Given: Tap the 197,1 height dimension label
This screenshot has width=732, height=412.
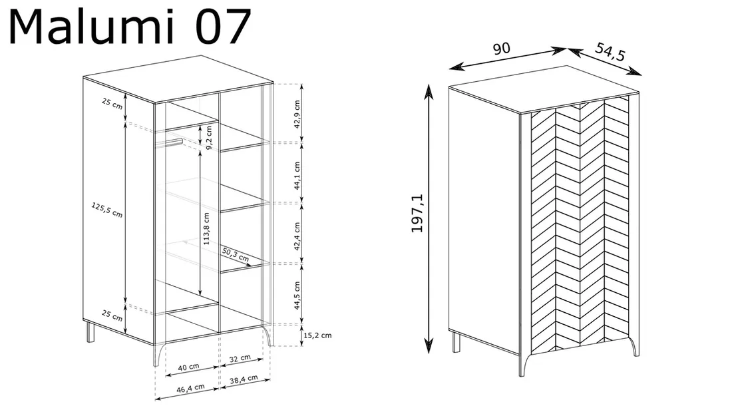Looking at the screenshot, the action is [x=417, y=214].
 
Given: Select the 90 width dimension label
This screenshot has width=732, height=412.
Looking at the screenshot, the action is [x=501, y=49].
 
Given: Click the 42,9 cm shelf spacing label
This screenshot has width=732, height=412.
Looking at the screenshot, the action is [x=297, y=114].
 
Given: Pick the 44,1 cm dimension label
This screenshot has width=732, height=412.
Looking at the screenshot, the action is [x=297, y=176].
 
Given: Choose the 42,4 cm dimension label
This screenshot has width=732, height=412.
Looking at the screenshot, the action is [x=297, y=236].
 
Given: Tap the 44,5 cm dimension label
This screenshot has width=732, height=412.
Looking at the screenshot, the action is [x=297, y=296].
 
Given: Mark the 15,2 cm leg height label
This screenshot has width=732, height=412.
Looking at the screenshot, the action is [x=317, y=335].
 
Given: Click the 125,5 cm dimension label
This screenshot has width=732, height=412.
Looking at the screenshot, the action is [x=107, y=210].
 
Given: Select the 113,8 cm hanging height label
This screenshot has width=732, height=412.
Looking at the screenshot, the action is [x=206, y=229].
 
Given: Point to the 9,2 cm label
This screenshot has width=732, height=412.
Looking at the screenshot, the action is [x=209, y=138].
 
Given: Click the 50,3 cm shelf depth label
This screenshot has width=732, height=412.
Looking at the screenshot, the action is [x=236, y=255].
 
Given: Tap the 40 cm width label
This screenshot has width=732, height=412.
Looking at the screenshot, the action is [x=188, y=367].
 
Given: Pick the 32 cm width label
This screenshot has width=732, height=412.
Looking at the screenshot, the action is [x=240, y=359].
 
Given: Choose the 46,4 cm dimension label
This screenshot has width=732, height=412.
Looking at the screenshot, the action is [x=190, y=388].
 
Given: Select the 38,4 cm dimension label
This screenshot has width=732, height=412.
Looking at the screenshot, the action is [x=244, y=380].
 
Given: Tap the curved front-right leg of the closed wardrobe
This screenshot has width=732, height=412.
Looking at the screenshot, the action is [x=634, y=346].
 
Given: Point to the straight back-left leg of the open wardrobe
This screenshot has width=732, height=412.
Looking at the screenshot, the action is [x=91, y=331].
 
